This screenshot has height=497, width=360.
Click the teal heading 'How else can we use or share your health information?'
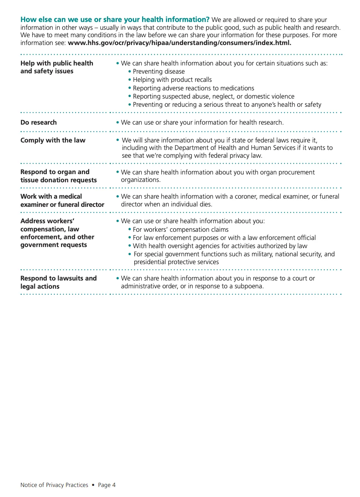(x=115, y=20)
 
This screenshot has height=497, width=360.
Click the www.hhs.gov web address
(x=179, y=43)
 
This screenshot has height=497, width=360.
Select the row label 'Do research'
(x=39, y=122)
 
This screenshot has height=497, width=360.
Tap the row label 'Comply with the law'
(x=53, y=140)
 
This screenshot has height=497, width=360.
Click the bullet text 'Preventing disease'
(x=158, y=71)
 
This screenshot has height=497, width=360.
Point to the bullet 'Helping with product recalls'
(x=172, y=80)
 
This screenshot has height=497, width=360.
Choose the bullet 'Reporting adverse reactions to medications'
(x=193, y=88)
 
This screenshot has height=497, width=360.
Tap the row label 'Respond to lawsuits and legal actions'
(x=58, y=282)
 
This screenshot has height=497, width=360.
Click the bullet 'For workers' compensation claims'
(x=180, y=230)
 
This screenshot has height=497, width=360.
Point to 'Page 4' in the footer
(x=107, y=485)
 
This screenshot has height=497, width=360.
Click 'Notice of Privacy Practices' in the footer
(x=54, y=485)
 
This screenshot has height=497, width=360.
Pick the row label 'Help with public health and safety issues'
(x=57, y=67)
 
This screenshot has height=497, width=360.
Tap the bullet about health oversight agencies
(x=220, y=246)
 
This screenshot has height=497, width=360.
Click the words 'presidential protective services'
(x=176, y=262)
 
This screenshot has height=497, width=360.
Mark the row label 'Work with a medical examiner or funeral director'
(x=62, y=200)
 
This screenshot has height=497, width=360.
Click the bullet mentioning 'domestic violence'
(x=213, y=96)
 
